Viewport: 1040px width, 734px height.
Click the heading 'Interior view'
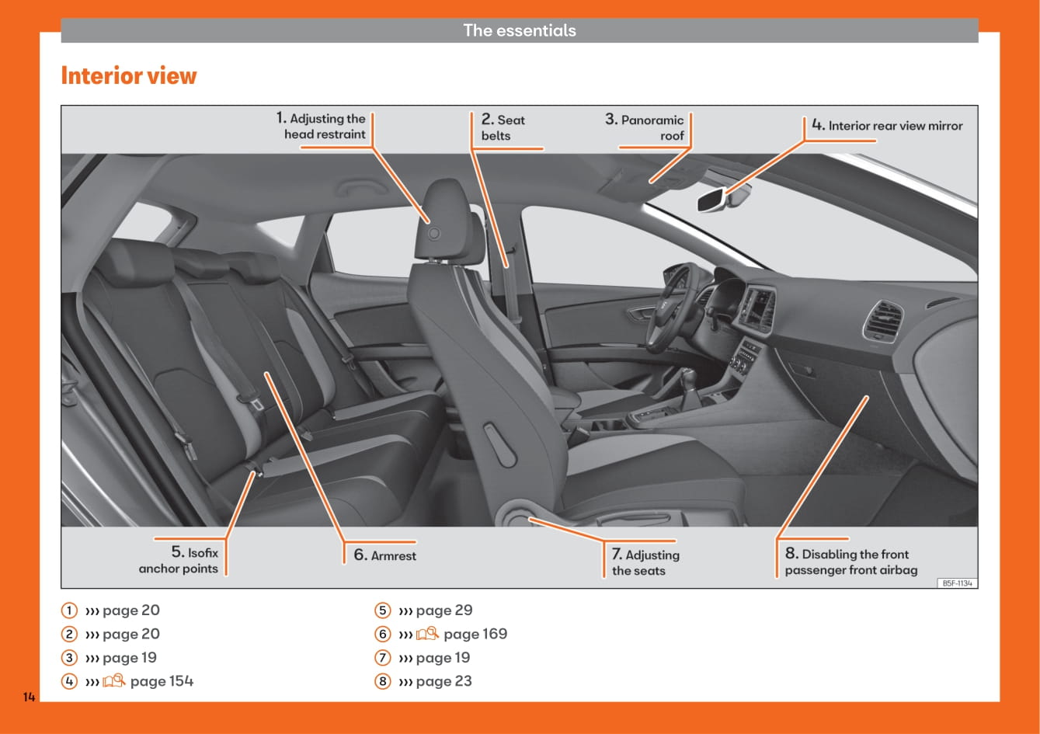[x=129, y=76]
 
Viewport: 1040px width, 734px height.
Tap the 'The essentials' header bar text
[x=520, y=31]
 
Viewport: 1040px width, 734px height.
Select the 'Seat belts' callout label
[x=503, y=127]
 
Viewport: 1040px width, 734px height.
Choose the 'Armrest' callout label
[x=385, y=555]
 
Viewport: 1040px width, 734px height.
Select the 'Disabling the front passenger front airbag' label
[x=850, y=562]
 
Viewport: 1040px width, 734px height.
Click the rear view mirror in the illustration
[x=712, y=200]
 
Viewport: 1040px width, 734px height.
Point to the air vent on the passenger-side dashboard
[x=882, y=320]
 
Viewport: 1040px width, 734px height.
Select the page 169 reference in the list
[x=475, y=634]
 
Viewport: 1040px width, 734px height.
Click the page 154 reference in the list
[x=162, y=681]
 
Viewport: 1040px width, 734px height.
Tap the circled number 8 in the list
[x=382, y=681]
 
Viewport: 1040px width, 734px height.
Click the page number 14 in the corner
[x=29, y=697]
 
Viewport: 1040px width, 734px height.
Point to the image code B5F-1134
[x=958, y=583]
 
